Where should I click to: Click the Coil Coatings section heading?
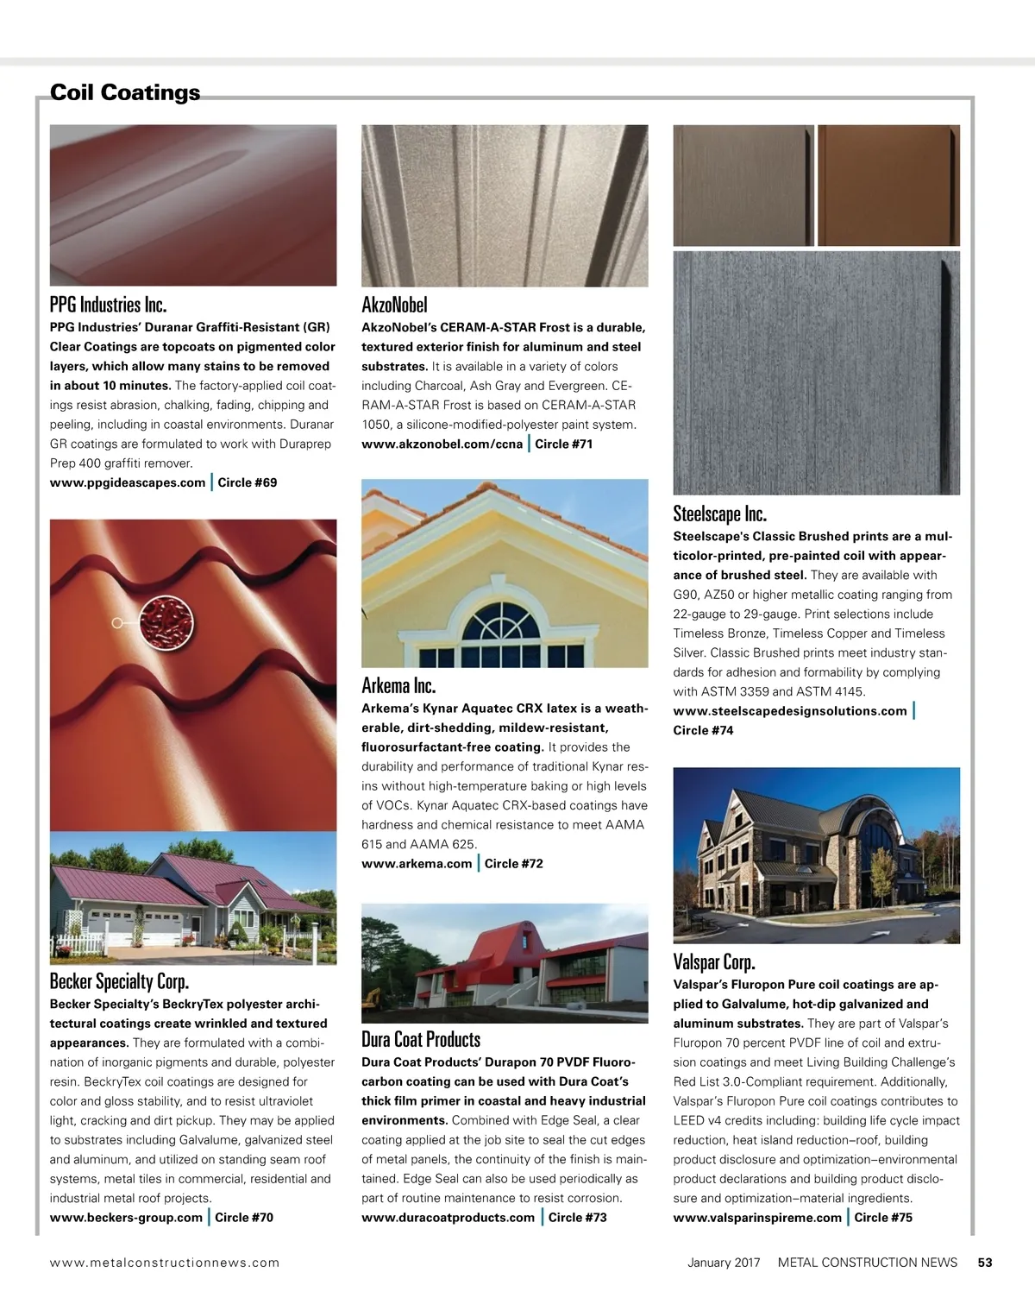(125, 92)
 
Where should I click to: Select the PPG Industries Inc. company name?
(108, 305)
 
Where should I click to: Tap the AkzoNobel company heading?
(394, 305)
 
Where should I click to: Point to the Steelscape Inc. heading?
(719, 514)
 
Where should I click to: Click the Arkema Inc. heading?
(398, 686)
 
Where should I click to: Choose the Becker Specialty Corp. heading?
(119, 981)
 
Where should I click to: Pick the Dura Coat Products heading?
(421, 1039)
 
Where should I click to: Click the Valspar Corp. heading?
(713, 961)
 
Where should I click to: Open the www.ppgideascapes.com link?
(128, 482)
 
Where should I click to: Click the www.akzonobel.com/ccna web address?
(442, 444)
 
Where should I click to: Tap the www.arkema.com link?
(417, 863)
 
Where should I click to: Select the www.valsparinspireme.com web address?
(757, 1218)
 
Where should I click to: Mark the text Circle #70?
(244, 1218)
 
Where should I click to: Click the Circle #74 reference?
(703, 730)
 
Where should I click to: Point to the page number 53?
(985, 1262)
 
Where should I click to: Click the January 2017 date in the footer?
(724, 1262)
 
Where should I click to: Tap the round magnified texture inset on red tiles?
(165, 622)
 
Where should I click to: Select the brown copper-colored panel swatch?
(888, 185)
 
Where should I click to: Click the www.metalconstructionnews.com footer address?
(165, 1262)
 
